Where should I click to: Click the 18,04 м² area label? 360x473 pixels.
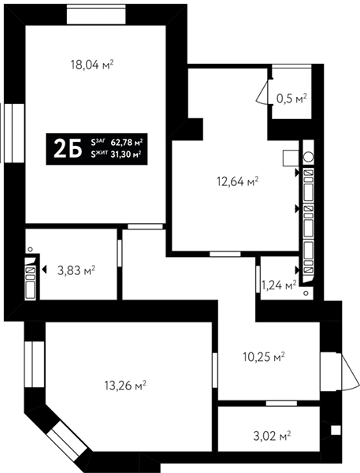[92, 65]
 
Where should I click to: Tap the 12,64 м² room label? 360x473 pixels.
[238, 181]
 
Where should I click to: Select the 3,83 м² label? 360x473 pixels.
[76, 270]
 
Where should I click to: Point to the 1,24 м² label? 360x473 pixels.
[279, 285]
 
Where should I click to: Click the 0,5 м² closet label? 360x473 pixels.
[291, 99]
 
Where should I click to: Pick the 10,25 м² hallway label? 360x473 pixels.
[264, 357]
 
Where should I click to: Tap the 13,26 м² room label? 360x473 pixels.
[125, 385]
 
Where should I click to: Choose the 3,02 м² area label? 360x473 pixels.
[272, 436]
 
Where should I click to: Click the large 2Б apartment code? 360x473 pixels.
[68, 149]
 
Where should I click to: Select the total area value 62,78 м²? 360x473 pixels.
[127, 142]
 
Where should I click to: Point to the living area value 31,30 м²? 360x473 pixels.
[126, 155]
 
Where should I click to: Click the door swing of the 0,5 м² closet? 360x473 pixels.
[262, 92]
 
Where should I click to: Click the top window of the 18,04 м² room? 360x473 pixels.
[96, 14]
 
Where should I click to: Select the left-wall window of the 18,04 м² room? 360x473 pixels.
[14, 133]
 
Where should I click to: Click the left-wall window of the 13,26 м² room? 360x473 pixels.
[35, 364]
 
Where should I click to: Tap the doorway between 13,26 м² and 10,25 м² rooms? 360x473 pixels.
[215, 371]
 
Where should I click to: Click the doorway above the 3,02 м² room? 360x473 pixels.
[281, 404]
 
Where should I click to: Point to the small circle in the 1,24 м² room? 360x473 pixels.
[306, 293]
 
